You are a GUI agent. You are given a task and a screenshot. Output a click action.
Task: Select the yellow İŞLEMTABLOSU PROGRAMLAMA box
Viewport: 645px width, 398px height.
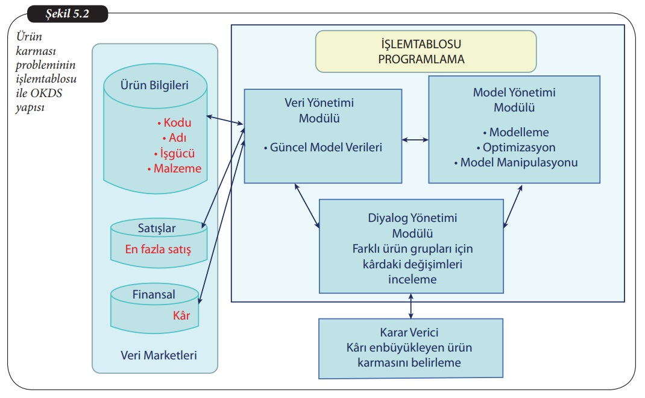pos(426,51)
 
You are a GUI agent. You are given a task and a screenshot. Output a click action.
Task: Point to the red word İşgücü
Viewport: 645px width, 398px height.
pos(175,153)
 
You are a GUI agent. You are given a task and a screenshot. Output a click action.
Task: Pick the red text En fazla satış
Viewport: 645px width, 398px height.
pos(158,248)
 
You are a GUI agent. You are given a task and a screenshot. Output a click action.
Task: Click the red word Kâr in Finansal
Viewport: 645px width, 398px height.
pos(181,315)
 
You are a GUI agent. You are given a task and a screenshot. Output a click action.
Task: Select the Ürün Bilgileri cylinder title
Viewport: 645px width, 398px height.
pos(155,85)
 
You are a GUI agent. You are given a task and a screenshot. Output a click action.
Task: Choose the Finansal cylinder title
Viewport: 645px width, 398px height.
pos(154,295)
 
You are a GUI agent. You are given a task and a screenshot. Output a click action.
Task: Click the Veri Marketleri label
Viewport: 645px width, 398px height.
pos(154,355)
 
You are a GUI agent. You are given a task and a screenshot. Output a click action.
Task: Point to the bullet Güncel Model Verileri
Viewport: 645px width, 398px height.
pos(322,147)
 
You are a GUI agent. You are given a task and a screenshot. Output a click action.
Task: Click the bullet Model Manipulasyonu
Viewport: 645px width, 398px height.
pos(515,162)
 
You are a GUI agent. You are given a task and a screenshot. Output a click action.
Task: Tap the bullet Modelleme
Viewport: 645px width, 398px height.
pos(515,132)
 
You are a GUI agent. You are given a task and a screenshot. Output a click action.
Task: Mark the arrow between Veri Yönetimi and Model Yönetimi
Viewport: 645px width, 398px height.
pos(415,140)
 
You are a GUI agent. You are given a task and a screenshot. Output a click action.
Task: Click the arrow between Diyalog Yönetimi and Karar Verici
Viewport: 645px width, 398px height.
pos(411,306)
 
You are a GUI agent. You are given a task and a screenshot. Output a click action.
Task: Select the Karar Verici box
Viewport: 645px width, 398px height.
pos(411,348)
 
